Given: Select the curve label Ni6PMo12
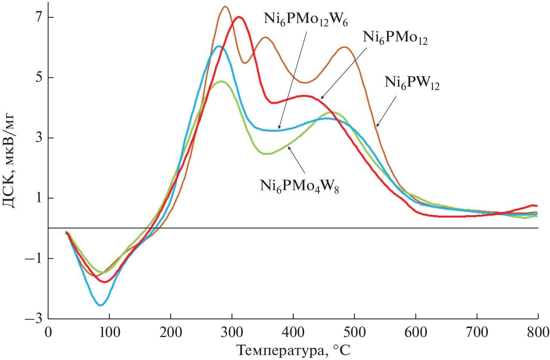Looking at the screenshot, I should point(395,38).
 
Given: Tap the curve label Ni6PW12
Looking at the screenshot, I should point(412,83).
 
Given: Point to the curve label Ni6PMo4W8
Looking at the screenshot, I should point(299,186).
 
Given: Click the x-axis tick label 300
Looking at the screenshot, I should point(232,332).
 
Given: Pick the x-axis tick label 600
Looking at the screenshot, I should point(416,332).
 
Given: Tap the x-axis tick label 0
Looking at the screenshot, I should point(48,332).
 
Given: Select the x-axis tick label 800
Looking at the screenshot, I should point(538,332).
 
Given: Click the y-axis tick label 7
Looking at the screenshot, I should point(39,17).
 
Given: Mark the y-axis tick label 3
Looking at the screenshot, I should point(39,138).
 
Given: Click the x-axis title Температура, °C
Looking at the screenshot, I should point(293,351).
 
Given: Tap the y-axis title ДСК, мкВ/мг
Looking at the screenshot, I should point(9,160).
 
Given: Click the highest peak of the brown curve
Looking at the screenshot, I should point(225,6).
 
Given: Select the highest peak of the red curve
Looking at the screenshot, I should point(238,17).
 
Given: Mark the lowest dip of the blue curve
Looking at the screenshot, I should point(100,305).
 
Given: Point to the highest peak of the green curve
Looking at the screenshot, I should point(221,81).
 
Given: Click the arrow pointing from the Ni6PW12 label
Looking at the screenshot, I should point(386,111).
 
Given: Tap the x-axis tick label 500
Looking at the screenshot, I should point(355,332).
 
